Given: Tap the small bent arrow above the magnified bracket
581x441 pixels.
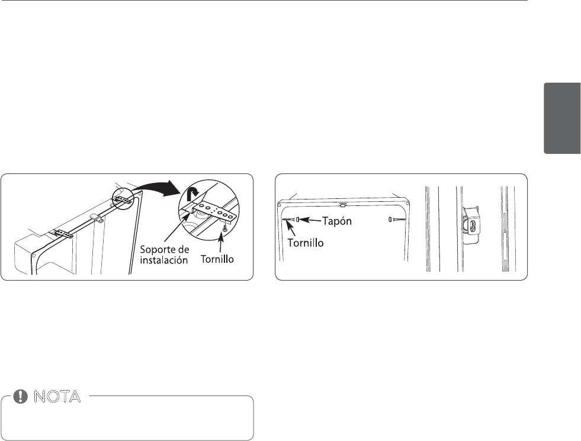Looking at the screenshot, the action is [192, 194].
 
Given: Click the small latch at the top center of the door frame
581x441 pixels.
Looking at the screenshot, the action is [343, 205].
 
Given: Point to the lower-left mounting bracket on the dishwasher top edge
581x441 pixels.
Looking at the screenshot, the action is [62, 234].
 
